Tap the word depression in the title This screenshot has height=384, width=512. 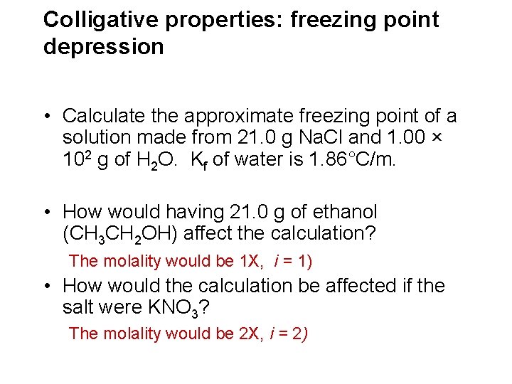[103, 47]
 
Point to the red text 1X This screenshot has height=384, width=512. [251, 261]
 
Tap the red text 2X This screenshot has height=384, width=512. [251, 333]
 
